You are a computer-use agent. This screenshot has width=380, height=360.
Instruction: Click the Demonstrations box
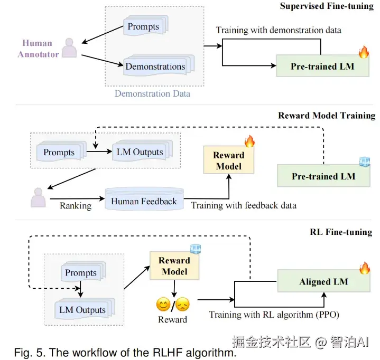pos(159,65)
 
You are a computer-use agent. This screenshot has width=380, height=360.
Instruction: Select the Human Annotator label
pos(38,49)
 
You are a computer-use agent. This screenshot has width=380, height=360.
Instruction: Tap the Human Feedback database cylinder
pos(144,199)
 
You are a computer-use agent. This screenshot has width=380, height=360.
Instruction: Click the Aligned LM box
pos(323,281)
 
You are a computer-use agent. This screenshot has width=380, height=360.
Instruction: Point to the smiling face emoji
pos(163,305)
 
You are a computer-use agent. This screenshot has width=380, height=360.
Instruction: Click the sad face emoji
pos(182,305)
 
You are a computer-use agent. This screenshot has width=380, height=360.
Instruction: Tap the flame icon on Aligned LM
pos(365,268)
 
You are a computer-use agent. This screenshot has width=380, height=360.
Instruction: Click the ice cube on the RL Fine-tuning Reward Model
pos(196,249)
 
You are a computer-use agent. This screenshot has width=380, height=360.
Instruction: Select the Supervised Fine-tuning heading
pos(327,6)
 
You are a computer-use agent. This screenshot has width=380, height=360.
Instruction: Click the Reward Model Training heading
pos(327,116)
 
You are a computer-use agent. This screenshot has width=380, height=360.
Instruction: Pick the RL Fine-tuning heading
pos(341,232)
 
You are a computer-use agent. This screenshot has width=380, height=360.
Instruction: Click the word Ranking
pos(76,206)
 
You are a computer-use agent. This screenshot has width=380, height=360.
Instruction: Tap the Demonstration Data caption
pos(152,93)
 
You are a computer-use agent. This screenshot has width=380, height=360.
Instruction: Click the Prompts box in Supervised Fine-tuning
pos(146,26)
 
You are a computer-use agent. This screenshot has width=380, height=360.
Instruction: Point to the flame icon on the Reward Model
pos(249,141)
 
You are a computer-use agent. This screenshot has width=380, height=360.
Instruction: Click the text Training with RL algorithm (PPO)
pos(274,315)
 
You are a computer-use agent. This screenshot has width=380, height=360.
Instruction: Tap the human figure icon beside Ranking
pos(38,197)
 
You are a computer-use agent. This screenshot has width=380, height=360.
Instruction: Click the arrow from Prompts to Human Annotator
pos(103,35)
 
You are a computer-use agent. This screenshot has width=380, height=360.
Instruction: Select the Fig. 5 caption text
pos(125,353)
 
